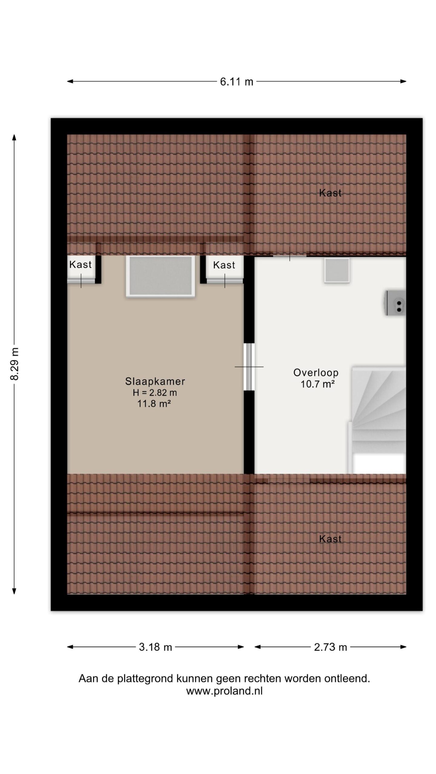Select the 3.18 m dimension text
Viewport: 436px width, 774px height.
click(155, 647)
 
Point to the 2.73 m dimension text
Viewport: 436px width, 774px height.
click(330, 647)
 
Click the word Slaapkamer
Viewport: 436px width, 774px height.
click(155, 381)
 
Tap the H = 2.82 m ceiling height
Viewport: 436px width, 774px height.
click(155, 392)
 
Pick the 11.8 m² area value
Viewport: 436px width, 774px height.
click(154, 403)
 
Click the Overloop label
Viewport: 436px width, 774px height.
click(316, 373)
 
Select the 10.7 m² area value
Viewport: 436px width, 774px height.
click(317, 384)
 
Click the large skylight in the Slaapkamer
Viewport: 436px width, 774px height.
click(160, 276)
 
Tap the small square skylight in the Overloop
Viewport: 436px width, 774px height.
click(337, 270)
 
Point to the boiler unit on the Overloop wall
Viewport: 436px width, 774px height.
click(395, 303)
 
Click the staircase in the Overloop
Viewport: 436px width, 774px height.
click(377, 420)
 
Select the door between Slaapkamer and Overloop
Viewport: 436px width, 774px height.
click(249, 367)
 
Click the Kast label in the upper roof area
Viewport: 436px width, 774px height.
click(330, 193)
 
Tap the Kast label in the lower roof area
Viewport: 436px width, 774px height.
click(330, 539)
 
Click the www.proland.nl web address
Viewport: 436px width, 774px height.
click(224, 691)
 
